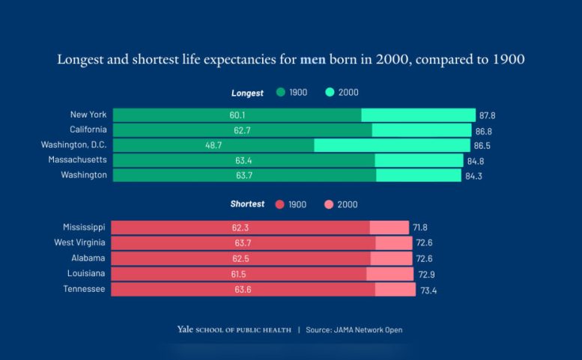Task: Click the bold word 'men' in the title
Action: point(312,59)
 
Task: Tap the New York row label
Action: point(88,115)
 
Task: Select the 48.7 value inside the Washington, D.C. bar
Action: point(213,145)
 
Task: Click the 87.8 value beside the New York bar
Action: point(488,116)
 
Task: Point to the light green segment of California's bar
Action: point(422,130)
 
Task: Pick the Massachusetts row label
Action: point(78,160)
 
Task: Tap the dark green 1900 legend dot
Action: point(280,93)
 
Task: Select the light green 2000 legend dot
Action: point(330,93)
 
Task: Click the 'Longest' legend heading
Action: point(247,94)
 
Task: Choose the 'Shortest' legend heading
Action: point(247,204)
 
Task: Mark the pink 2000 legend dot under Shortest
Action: point(329,204)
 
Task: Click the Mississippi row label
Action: point(85,227)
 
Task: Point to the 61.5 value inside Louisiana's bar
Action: point(239,274)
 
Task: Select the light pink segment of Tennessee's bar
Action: point(395,289)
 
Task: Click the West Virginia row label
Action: point(79,242)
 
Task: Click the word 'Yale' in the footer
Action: point(185,329)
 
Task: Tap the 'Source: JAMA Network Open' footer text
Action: point(355,329)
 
